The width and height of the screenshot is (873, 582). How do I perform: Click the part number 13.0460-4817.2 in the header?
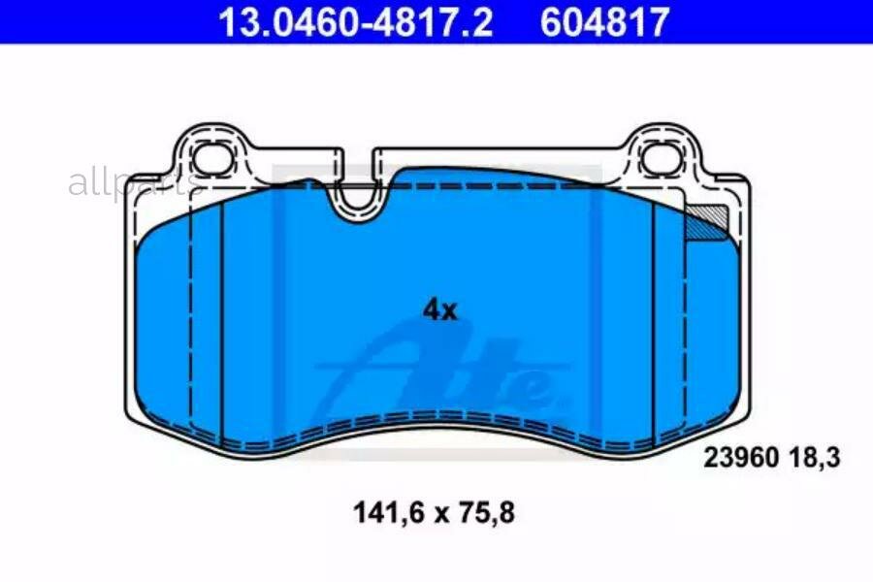click(355, 21)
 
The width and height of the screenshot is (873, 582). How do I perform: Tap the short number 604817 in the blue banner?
click(604, 21)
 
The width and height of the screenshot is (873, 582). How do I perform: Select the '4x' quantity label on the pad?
click(439, 310)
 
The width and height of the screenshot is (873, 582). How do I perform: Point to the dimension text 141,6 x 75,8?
click(434, 512)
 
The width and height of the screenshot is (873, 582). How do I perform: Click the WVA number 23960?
click(740, 458)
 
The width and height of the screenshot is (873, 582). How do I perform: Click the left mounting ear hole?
click(213, 157)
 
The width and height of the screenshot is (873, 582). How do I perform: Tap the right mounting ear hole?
click(662, 157)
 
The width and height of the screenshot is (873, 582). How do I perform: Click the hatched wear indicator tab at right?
click(707, 223)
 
